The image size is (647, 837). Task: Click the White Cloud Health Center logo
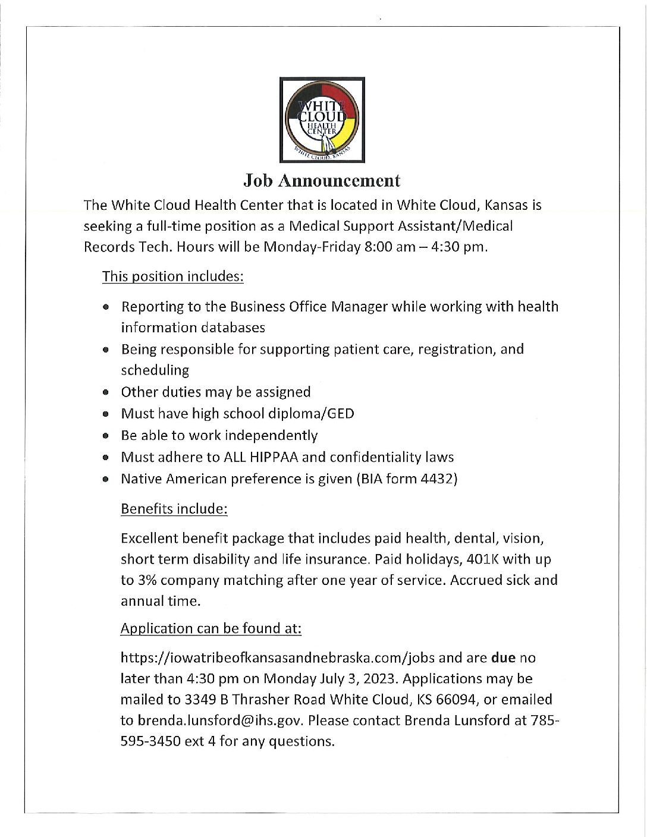[322, 119]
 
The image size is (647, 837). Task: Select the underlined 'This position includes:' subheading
[173, 276]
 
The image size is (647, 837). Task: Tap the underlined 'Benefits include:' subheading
[174, 509]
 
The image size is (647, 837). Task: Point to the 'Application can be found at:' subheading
[211, 628]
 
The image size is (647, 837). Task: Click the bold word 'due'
[503, 657]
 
